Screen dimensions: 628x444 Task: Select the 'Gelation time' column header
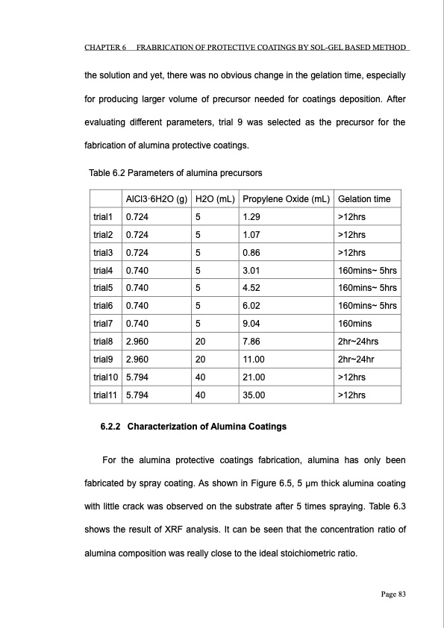click(x=363, y=199)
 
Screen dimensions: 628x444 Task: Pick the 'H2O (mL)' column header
click(x=215, y=199)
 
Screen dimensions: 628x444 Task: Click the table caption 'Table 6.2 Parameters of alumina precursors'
click(x=175, y=174)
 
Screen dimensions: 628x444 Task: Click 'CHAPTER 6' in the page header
click(x=104, y=48)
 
